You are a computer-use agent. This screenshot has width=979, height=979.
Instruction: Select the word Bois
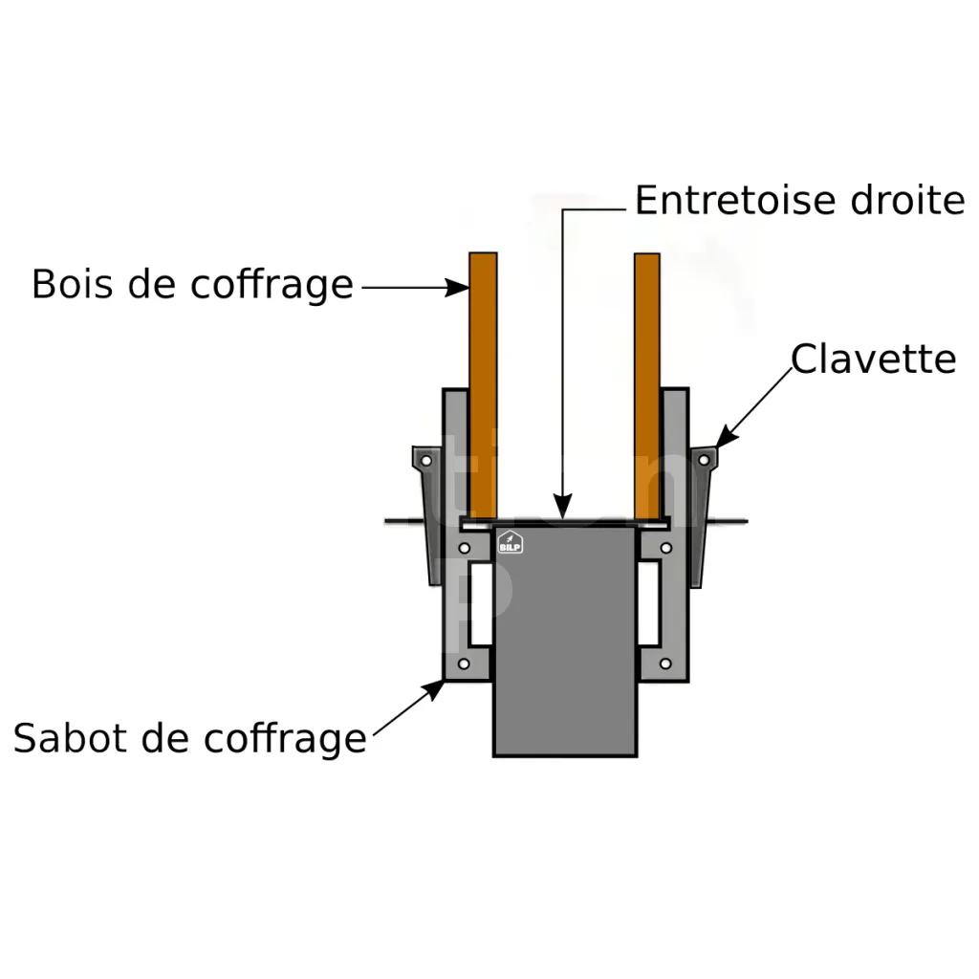[x=73, y=284]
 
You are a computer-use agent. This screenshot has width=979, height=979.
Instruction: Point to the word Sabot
[x=70, y=737]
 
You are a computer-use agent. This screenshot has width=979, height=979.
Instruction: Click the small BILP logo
[x=511, y=543]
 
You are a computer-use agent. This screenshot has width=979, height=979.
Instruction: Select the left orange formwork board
[x=483, y=382]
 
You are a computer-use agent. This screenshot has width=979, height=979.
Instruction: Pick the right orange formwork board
[x=647, y=382]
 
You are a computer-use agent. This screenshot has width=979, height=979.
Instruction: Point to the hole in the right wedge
[x=704, y=460]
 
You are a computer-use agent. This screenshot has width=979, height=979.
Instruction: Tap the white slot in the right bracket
[x=650, y=604]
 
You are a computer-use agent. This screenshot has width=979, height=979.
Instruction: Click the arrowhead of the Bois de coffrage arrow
[x=458, y=286]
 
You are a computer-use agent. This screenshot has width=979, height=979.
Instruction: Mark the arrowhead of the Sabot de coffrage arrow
[x=439, y=685]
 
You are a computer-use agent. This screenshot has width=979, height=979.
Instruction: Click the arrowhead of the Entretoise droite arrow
[x=563, y=511]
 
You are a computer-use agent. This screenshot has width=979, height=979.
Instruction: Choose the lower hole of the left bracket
[x=464, y=664]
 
